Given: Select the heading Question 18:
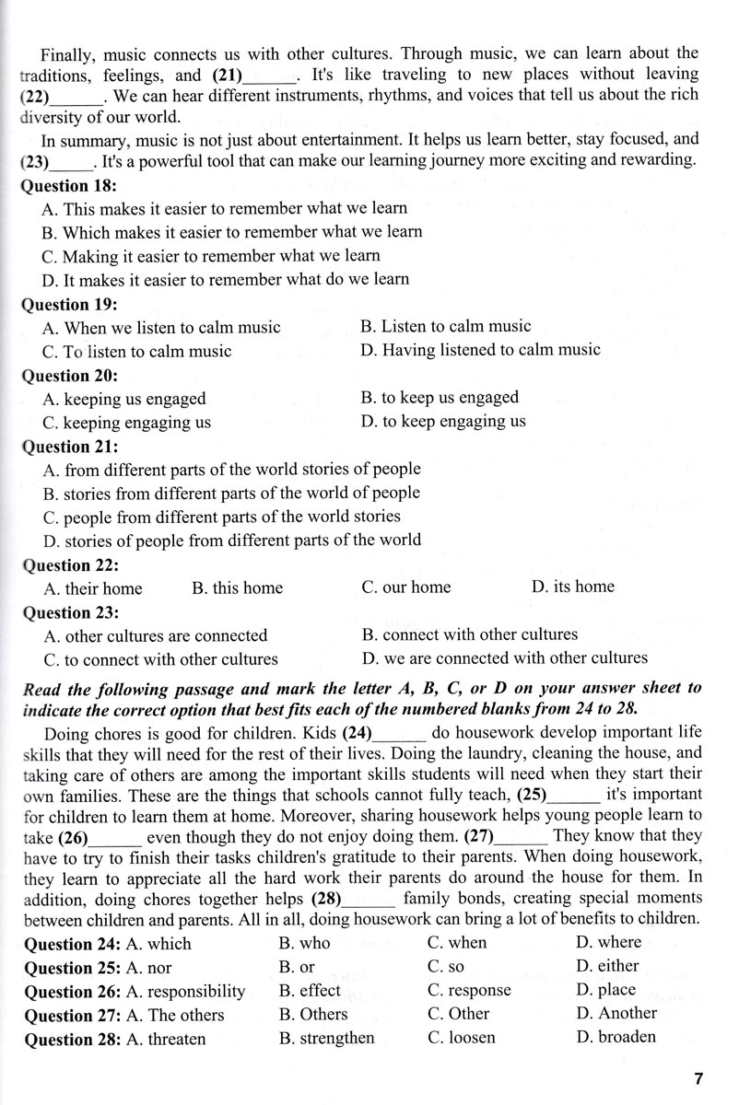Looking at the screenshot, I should pyautogui.click(x=70, y=184).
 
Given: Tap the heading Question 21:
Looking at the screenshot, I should pyautogui.click(x=70, y=447).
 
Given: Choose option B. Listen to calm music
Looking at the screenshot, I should pyautogui.click(x=446, y=326).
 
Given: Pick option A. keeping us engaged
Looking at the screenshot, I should pyautogui.click(x=124, y=399).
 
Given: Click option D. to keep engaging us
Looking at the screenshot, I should pyautogui.click(x=444, y=422).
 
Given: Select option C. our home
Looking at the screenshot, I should pyautogui.click(x=406, y=587).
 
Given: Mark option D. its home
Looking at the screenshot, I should pyautogui.click(x=572, y=587).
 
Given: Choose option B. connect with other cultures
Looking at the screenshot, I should pyautogui.click(x=470, y=634).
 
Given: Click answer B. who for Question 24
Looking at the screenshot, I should pyautogui.click(x=303, y=943).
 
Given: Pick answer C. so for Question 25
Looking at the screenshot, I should pyautogui.click(x=446, y=967).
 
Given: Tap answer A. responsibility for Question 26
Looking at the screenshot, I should pyautogui.click(x=184, y=991).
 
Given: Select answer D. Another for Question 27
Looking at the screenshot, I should pyautogui.click(x=616, y=1014).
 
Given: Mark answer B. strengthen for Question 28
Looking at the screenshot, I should pyautogui.click(x=326, y=1038).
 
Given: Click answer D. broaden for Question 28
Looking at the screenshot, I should pyautogui.click(x=616, y=1037).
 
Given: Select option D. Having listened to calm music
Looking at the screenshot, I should pyautogui.click(x=481, y=350).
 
